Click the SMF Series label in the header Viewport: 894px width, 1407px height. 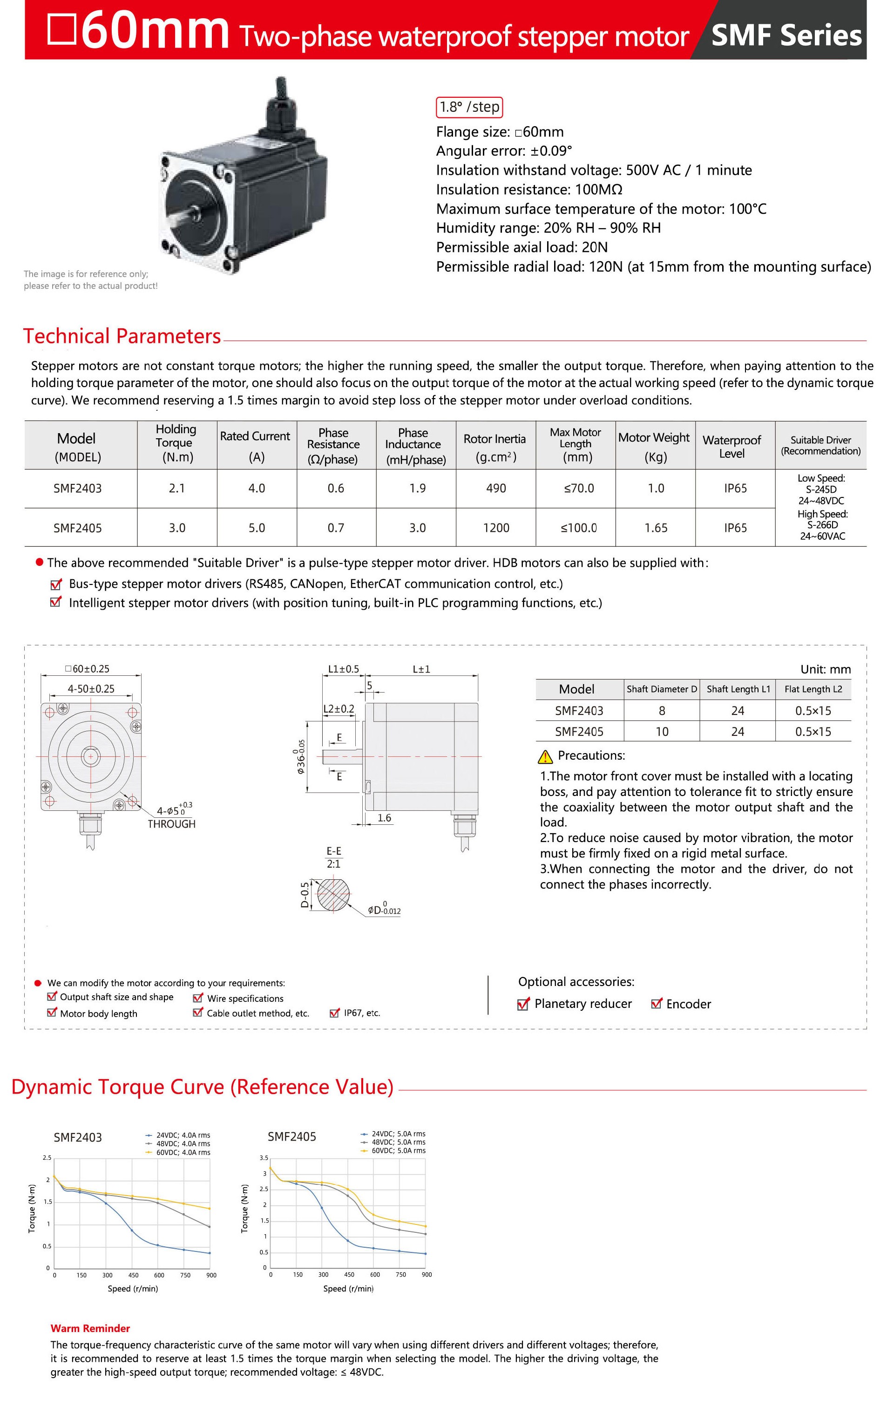click(x=786, y=36)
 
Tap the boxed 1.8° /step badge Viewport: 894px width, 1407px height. click(x=469, y=107)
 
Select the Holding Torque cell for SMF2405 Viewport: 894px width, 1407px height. click(x=177, y=528)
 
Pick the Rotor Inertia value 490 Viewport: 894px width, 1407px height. click(x=495, y=489)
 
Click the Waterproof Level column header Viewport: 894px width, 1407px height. click(x=731, y=446)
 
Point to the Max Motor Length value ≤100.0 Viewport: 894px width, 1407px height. click(x=578, y=528)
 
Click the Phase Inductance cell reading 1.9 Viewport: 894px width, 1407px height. click(x=417, y=489)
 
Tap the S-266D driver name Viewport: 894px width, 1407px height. click(x=822, y=525)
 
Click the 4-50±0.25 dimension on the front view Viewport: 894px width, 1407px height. click(x=91, y=688)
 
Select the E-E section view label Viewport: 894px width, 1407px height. click(x=334, y=851)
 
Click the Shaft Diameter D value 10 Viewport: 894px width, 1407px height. click(x=662, y=732)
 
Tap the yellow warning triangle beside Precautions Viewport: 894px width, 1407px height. click(x=545, y=757)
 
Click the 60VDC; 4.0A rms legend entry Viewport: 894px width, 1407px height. click(x=183, y=1152)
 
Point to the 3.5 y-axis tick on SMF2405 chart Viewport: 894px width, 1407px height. click(x=264, y=1157)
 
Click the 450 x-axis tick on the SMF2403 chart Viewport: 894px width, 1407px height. click(x=133, y=1275)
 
